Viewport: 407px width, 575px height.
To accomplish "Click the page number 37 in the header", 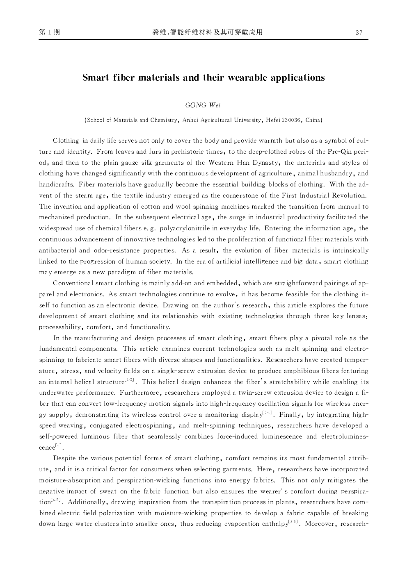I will coord(359,33).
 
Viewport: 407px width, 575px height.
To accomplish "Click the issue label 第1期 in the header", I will coord(49,32).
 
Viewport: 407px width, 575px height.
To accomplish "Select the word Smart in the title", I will coord(96,77).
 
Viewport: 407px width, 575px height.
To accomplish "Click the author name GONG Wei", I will coord(203,105).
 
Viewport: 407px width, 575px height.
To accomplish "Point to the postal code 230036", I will coord(291,120).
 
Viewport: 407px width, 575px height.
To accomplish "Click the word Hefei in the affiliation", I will coord(273,120).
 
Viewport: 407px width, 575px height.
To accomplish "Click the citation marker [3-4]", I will coord(267,413).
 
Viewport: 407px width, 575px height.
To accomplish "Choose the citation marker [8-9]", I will coord(293,522).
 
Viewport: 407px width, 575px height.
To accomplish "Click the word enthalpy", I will coord(275,524).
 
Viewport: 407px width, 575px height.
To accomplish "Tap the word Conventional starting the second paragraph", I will coord(73,283).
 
